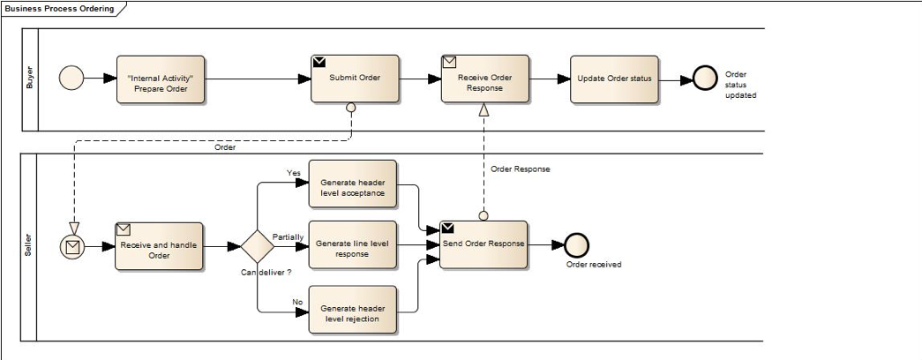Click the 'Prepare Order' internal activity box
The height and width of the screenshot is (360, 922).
[x=161, y=80]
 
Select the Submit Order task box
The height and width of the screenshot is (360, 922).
[x=355, y=79]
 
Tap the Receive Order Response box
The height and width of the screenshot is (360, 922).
[x=484, y=79]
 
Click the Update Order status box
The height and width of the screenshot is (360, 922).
[x=614, y=79]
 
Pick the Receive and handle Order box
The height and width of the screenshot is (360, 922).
[x=159, y=246]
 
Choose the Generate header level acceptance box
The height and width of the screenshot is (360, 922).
[x=352, y=184]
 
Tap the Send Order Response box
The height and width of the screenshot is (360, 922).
[x=483, y=244]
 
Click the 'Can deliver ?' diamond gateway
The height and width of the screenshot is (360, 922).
[x=257, y=245]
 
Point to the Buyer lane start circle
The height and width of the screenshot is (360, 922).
[x=71, y=79]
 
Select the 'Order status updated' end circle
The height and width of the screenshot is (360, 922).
[x=706, y=79]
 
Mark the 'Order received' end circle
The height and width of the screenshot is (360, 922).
[x=576, y=245]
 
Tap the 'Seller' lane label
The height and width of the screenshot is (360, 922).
[x=28, y=247]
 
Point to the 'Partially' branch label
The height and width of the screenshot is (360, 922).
[x=288, y=237]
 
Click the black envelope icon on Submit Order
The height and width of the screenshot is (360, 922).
[x=319, y=62]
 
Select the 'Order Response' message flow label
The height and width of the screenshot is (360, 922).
[x=520, y=169]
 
